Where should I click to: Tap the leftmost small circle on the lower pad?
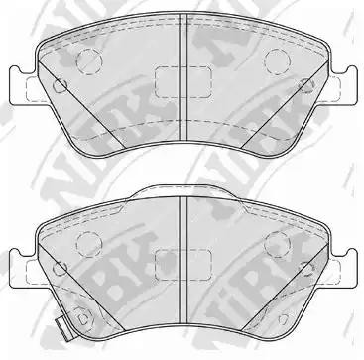pos(60,268)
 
